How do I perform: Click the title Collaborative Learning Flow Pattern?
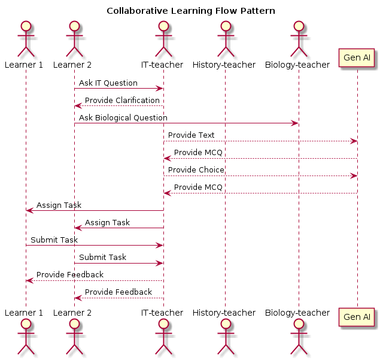click(190, 11)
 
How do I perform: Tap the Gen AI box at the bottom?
click(357, 317)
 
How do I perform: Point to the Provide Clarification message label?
click(122, 101)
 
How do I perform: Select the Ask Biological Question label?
click(123, 118)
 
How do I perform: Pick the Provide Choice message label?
click(196, 170)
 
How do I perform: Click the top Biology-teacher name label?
click(297, 65)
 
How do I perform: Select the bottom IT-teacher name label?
click(162, 313)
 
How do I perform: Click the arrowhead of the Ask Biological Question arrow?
click(295, 123)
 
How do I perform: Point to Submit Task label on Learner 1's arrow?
click(54, 240)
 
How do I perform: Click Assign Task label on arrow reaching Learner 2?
click(107, 223)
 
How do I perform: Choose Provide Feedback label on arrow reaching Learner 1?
click(69, 275)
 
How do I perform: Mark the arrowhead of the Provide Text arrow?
click(354, 141)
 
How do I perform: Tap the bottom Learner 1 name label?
click(24, 313)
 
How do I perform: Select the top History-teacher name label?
click(224, 65)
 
